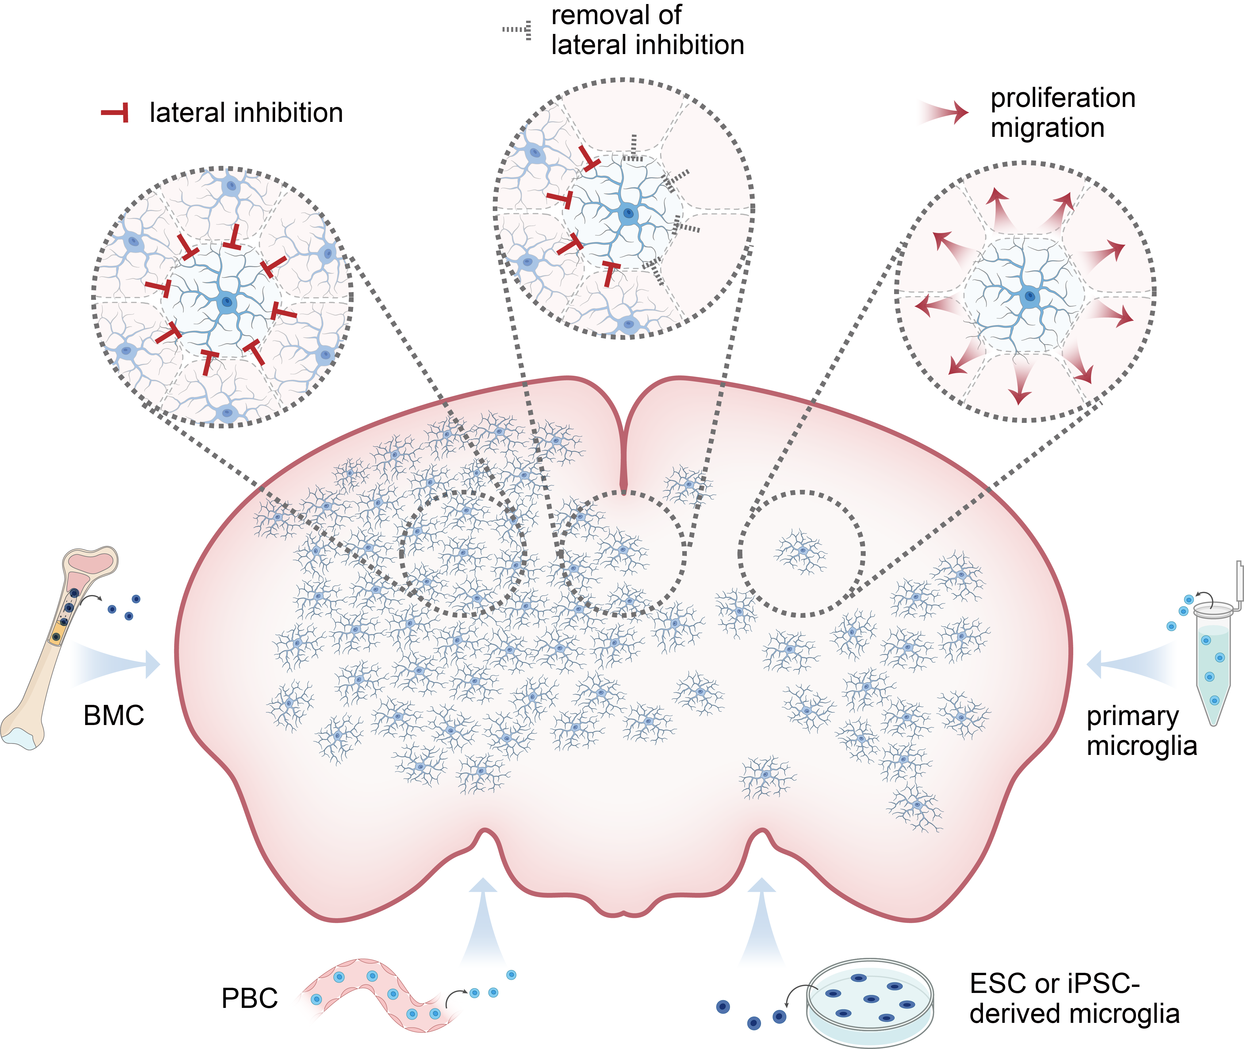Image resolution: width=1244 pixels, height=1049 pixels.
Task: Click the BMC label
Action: [114, 716]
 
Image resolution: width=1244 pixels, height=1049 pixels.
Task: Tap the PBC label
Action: [249, 998]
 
